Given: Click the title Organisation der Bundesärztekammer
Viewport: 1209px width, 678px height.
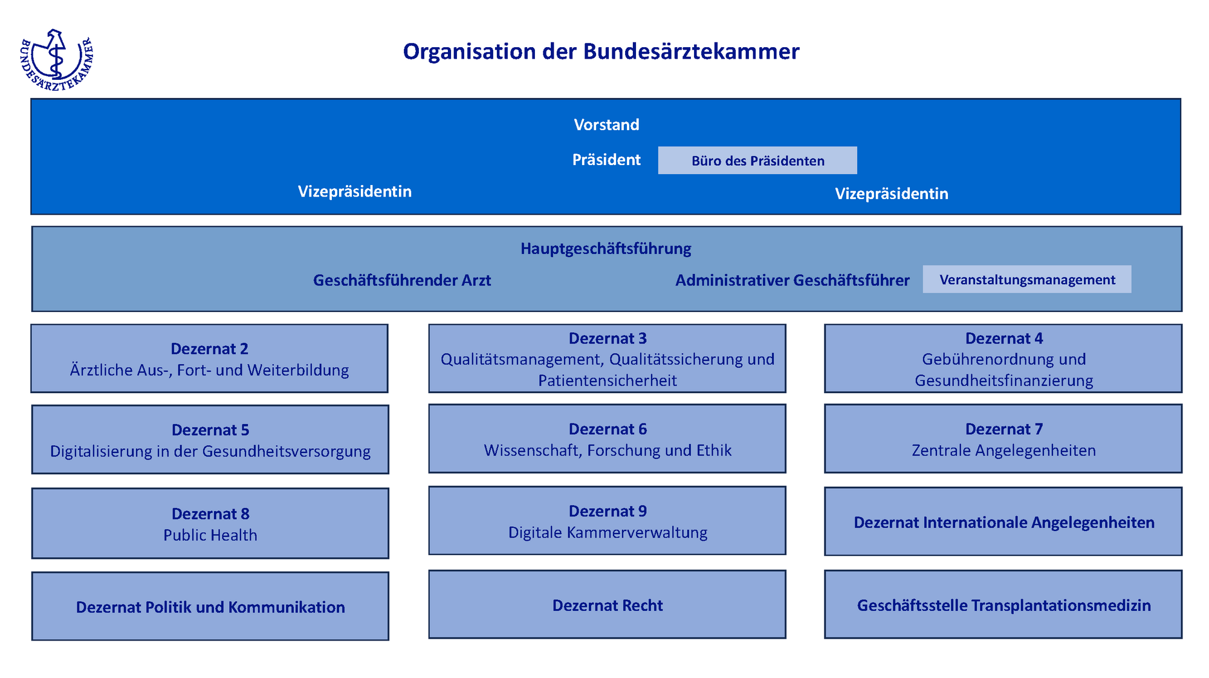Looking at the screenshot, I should pos(601,51).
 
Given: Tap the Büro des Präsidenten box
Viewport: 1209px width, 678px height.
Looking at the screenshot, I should pos(757,160).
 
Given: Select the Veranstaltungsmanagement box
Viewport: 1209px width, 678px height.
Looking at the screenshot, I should pos(1026,279).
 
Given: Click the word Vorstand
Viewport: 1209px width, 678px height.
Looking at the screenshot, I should pos(606,125).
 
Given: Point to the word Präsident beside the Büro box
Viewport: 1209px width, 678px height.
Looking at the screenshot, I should pos(606,160).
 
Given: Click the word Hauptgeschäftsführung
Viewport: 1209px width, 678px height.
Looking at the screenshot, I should pos(606,249).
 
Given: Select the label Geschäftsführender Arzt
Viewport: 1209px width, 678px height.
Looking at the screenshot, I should pos(402,280).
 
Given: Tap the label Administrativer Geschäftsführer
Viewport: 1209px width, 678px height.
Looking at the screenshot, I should pos(792,280).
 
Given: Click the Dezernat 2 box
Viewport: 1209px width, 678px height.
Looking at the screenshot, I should pos(209,359).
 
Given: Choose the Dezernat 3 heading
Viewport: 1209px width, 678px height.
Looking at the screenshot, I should pos(608,338).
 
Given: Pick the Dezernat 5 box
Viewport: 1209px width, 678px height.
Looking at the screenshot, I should pos(210,440).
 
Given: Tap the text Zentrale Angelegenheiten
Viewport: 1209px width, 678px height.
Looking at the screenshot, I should pos(1003,451).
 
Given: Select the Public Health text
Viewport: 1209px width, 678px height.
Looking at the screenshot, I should pos(210,535).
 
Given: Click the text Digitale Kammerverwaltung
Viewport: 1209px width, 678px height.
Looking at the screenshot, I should pos(608,532).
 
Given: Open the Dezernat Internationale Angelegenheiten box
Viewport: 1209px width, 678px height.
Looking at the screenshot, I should pos(1003,522).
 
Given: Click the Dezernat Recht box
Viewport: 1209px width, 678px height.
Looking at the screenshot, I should pos(608,605).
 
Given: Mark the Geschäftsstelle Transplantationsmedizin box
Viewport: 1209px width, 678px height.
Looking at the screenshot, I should pos(1003,605).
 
